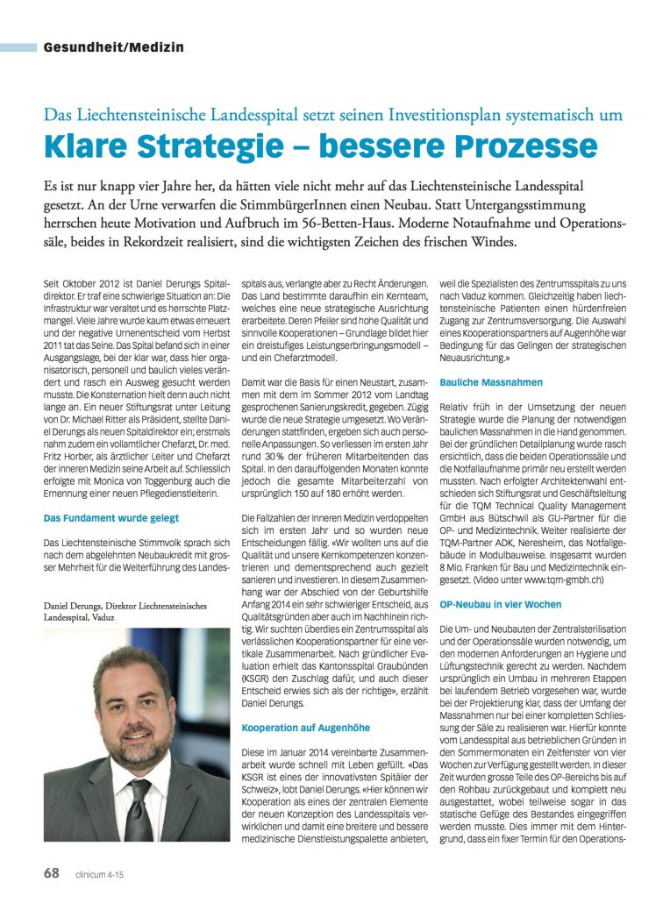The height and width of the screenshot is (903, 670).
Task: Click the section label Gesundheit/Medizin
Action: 113,47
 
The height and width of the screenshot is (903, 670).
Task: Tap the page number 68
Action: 52,874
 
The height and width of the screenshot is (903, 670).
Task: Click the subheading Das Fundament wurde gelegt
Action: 111,519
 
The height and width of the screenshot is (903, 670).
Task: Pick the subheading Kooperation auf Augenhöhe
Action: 305,728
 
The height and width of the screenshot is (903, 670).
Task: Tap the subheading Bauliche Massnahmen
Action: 491,382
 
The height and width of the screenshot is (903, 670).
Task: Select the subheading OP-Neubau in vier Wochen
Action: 499,605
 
